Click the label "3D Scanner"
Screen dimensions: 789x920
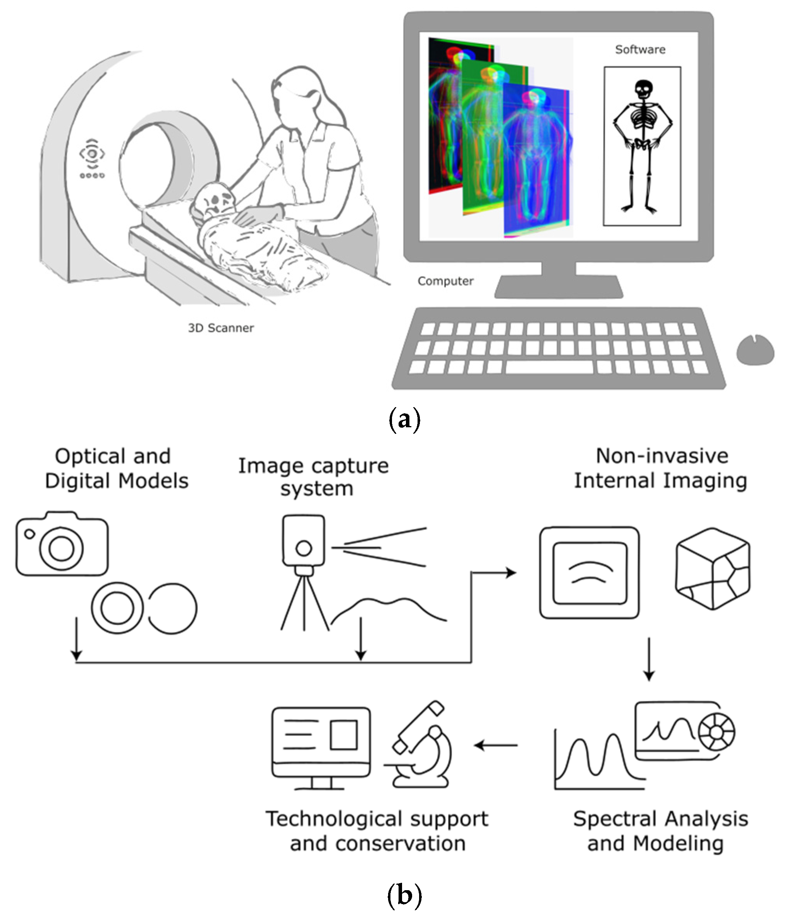coord(221,328)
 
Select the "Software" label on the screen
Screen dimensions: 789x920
coord(640,49)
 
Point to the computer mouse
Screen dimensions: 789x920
coord(755,350)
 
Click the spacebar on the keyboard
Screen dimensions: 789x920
coord(549,367)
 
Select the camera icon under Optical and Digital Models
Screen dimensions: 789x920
coord(62,544)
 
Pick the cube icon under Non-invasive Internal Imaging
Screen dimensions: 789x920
coord(713,568)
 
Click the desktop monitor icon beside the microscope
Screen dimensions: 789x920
coord(321,748)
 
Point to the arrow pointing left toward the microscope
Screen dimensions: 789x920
coord(495,745)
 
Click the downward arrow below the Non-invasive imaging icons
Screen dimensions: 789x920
coord(649,659)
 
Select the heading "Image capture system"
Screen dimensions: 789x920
coord(314,477)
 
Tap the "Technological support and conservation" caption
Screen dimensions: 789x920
coord(377,831)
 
